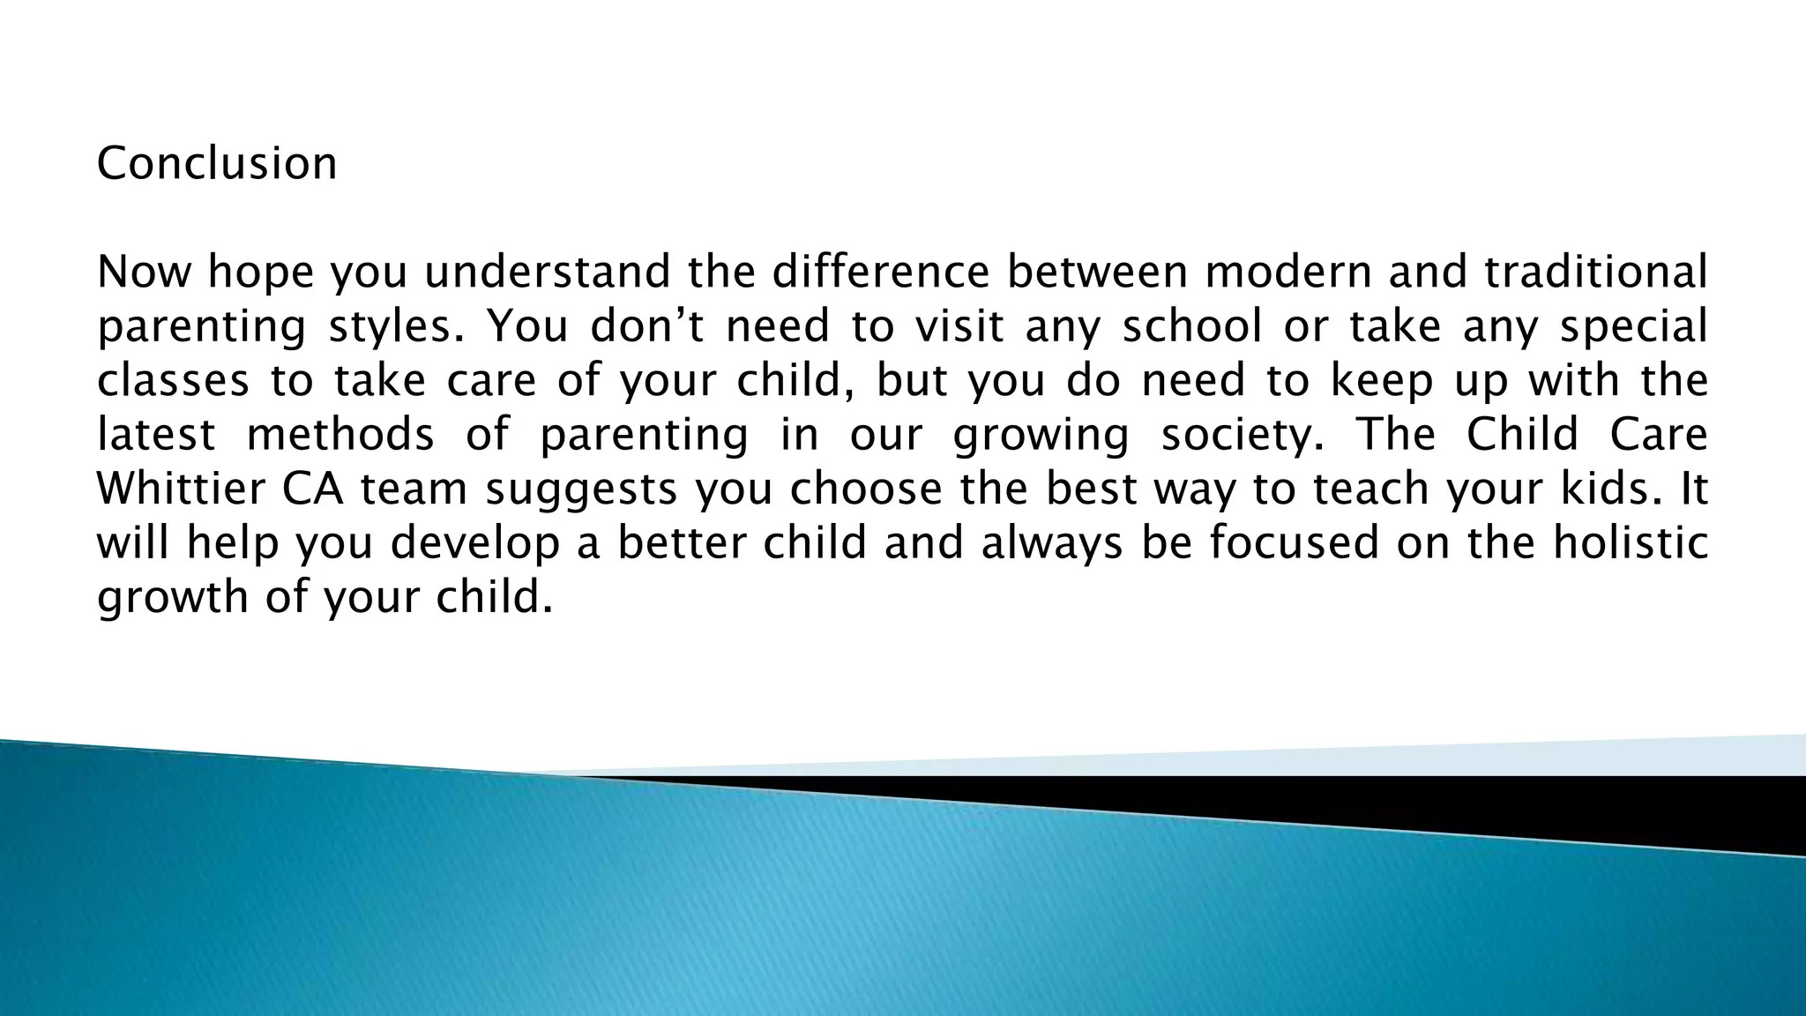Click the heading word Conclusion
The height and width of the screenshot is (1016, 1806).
click(216, 164)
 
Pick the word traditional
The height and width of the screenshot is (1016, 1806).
click(1595, 272)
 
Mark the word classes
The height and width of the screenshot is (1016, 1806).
click(173, 381)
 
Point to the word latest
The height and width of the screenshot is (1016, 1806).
click(155, 435)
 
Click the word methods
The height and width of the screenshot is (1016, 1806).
click(340, 435)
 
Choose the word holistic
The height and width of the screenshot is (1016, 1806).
click(1631, 543)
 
